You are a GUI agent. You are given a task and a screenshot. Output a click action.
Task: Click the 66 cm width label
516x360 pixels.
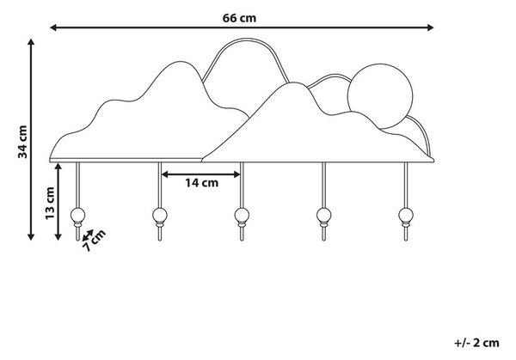(x=239, y=18)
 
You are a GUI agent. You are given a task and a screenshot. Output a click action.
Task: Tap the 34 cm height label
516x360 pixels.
(x=22, y=142)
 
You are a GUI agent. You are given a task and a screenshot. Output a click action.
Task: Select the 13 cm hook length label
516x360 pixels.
(x=50, y=203)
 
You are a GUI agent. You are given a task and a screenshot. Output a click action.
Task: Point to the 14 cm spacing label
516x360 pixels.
(x=201, y=183)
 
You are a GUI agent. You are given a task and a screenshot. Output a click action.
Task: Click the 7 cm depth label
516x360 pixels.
(x=95, y=241)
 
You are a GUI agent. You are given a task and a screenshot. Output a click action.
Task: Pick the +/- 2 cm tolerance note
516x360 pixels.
(x=476, y=343)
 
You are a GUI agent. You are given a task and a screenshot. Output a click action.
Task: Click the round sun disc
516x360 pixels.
(x=380, y=96)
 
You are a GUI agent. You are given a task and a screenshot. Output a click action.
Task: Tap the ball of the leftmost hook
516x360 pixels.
(x=77, y=216)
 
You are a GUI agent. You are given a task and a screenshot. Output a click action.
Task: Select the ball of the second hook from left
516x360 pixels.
(x=160, y=216)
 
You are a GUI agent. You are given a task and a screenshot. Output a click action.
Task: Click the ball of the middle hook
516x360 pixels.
(x=242, y=216)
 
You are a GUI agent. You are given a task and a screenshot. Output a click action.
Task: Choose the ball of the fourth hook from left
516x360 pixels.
(x=324, y=216)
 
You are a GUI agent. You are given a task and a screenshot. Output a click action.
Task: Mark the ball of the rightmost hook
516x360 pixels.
(x=406, y=216)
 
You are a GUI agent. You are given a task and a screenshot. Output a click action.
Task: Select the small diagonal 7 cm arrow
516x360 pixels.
(x=88, y=235)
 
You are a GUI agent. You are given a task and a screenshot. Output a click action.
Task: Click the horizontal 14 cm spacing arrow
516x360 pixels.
(x=201, y=174)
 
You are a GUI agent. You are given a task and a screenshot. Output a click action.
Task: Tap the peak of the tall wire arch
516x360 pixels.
(x=246, y=40)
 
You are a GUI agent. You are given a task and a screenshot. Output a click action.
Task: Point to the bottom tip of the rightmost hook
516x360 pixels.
(x=406, y=241)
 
